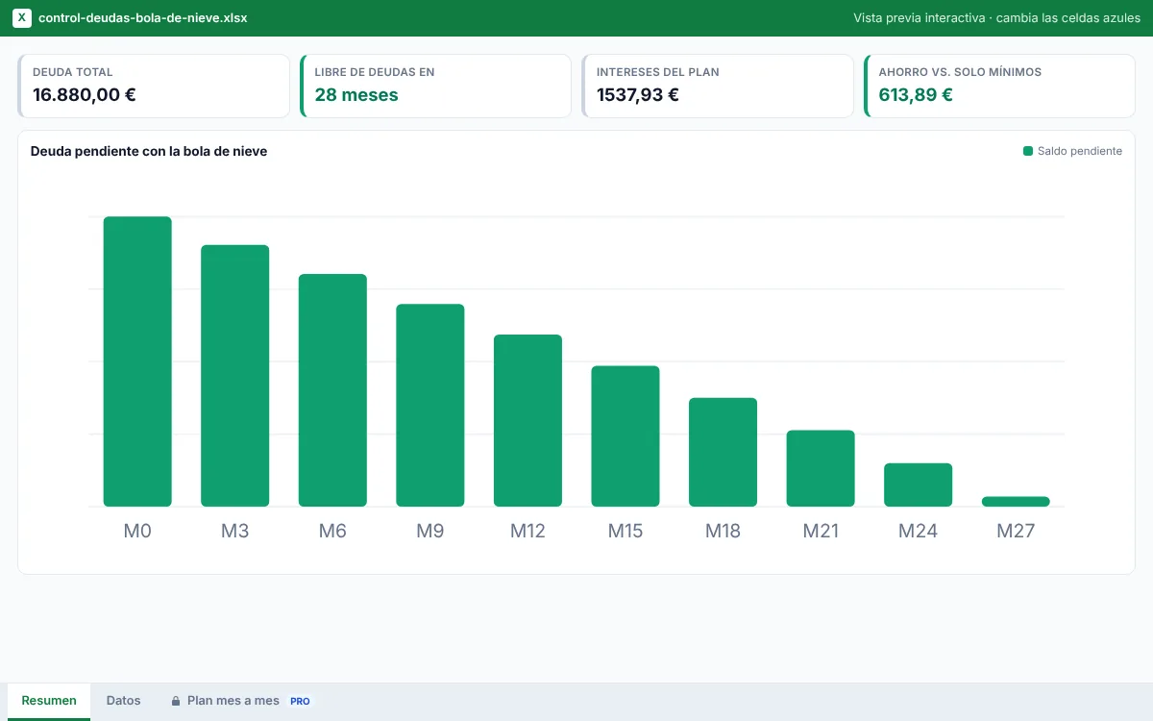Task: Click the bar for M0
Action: click(x=137, y=361)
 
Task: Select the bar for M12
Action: click(x=527, y=420)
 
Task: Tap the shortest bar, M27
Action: click(x=1016, y=501)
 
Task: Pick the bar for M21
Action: click(x=821, y=468)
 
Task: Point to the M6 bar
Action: click(x=332, y=390)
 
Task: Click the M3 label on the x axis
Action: click(x=234, y=531)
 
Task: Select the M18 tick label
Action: click(x=723, y=531)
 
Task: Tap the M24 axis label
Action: click(x=918, y=531)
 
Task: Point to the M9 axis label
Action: click(x=429, y=531)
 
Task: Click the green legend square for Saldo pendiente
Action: click(x=1027, y=151)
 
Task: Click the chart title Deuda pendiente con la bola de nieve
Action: click(x=149, y=151)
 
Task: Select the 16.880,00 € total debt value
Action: click(x=85, y=95)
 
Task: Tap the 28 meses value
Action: click(x=356, y=95)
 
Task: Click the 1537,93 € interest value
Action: click(x=638, y=95)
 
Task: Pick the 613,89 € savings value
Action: click(x=915, y=95)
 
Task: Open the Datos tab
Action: click(x=124, y=701)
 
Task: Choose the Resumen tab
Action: click(x=49, y=701)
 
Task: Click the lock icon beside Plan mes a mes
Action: click(x=176, y=701)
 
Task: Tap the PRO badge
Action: click(x=300, y=701)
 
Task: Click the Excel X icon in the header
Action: click(x=21, y=18)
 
